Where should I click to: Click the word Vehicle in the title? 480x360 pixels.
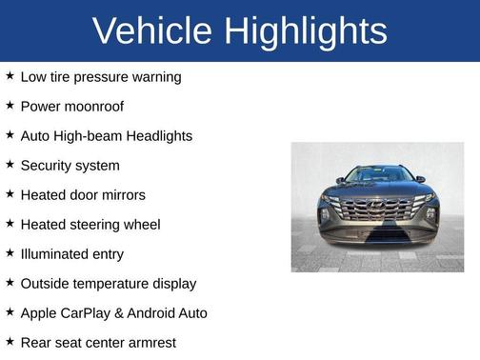pos(153,30)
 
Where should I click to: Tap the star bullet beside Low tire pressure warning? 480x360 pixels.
pos(10,75)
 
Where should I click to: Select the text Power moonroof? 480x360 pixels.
pos(72,106)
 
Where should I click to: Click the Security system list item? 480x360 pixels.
pos(70,166)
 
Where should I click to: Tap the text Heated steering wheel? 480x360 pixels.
pos(90,225)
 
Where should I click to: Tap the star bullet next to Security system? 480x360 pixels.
pos(10,165)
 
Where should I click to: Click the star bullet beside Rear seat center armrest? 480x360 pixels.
pos(10,341)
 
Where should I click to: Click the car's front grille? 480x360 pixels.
pos(377,209)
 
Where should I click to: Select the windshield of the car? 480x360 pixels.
pos(377,175)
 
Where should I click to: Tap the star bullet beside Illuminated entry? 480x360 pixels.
pos(10,253)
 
